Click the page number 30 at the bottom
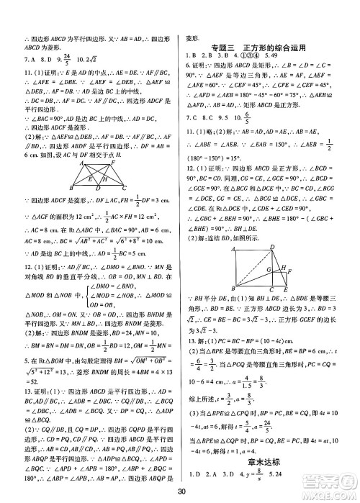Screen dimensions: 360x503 pos(180,492)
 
